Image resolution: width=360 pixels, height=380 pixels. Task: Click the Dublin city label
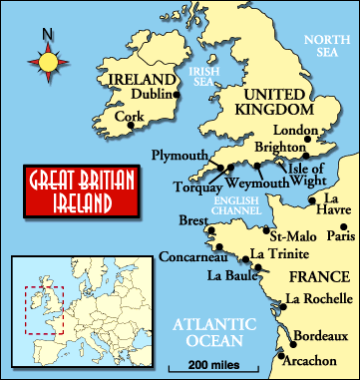pyautogui.click(x=152, y=95)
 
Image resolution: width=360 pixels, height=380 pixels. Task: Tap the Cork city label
pyautogui.click(x=130, y=116)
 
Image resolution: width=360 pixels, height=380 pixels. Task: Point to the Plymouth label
pyautogui.click(x=180, y=155)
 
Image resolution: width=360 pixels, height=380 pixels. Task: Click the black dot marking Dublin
pyautogui.click(x=177, y=95)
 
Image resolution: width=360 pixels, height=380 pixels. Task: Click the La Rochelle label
pyautogui.click(x=318, y=298)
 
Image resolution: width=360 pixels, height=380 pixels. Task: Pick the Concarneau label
pyautogui.click(x=189, y=257)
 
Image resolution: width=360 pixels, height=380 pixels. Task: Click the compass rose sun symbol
pyautogui.click(x=48, y=63)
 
